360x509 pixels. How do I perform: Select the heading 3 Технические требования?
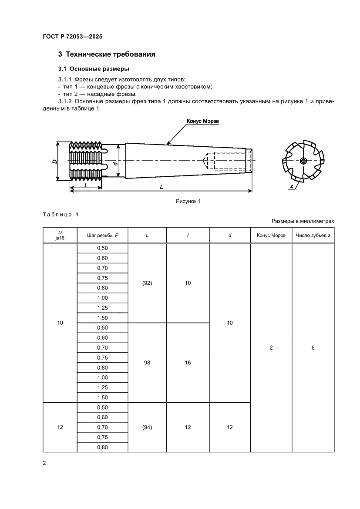pos(107,54)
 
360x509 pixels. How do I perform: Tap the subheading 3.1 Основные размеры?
pos(94,69)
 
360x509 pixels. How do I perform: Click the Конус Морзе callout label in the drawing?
pos(202,121)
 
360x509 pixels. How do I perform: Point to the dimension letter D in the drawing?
pos(54,161)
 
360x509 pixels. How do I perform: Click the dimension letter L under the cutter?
pos(161,186)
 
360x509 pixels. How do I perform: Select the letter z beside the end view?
pos(291,186)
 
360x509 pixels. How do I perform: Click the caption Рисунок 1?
pos(188,201)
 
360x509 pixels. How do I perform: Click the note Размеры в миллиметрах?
pos(303,221)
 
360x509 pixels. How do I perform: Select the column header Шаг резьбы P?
pos(103,236)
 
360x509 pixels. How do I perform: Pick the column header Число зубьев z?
pos(313,236)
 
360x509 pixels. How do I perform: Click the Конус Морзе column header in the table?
pos(271,236)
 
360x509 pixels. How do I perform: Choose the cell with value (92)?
pos(147,283)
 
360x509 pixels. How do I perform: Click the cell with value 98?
pos(147,363)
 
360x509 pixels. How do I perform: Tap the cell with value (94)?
pos(147,428)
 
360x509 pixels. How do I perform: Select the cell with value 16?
pos(188,363)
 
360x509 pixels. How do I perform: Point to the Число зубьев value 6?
pos(313,348)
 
